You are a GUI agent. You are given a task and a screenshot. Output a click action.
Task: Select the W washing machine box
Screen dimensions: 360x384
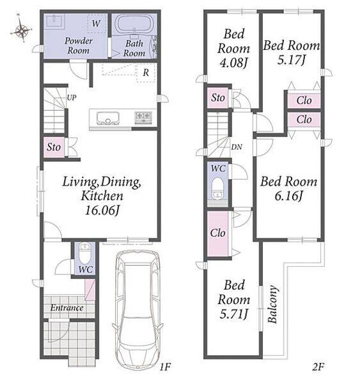(x=97, y=24)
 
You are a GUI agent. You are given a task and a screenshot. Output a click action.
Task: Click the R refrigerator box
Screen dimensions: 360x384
(x=146, y=72)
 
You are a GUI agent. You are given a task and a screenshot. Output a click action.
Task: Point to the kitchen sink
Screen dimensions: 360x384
(x=107, y=118)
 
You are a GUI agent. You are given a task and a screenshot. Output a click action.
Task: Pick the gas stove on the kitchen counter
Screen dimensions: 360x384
(x=143, y=117)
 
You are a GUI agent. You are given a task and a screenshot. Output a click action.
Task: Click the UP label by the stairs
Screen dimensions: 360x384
(x=72, y=98)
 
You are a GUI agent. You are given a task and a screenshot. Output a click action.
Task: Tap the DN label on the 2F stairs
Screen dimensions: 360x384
(x=237, y=147)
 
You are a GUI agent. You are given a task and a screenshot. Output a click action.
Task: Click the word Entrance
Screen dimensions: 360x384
(x=67, y=308)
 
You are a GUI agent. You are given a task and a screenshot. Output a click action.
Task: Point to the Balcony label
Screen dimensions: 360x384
(x=272, y=304)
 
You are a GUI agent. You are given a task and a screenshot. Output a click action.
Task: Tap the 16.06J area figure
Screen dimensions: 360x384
(x=102, y=211)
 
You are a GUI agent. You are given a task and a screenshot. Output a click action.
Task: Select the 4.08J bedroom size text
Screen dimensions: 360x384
(x=234, y=63)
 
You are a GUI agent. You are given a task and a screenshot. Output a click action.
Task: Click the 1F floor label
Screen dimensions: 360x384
(x=165, y=367)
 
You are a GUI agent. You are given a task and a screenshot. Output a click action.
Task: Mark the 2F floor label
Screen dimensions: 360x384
(x=318, y=367)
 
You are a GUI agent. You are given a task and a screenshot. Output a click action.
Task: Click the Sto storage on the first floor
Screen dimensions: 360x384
(x=54, y=147)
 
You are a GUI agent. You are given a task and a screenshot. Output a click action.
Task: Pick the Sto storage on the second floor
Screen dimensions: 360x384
(x=218, y=98)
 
